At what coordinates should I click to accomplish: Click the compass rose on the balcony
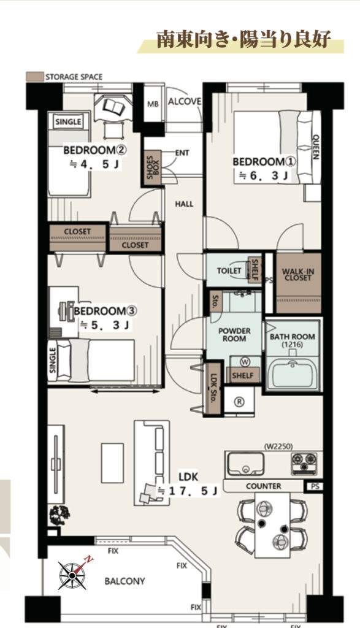(72, 575)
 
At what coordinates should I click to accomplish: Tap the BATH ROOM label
(293, 337)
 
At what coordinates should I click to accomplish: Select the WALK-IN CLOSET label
(298, 274)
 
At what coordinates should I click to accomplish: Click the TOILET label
(229, 270)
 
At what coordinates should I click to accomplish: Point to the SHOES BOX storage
(153, 167)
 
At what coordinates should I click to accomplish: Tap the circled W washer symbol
(245, 362)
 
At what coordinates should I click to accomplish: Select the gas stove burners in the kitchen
(304, 464)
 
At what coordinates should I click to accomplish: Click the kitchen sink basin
(245, 464)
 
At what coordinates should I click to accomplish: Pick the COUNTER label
(264, 486)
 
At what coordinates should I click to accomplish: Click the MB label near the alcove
(153, 104)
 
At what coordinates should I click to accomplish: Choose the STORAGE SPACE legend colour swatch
(34, 77)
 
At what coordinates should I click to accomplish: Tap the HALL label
(184, 204)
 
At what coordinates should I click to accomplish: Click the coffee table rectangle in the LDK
(112, 463)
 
